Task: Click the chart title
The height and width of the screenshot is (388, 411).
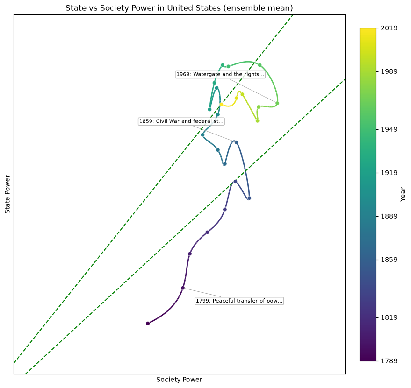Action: pyautogui.click(x=179, y=8)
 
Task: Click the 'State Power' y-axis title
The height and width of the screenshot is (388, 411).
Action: pyautogui.click(x=7, y=195)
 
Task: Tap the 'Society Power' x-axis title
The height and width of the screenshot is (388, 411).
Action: pyautogui.click(x=179, y=380)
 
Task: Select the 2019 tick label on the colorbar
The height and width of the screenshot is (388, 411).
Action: pyautogui.click(x=389, y=28)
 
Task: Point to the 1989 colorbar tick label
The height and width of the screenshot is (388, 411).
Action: pyautogui.click(x=389, y=71)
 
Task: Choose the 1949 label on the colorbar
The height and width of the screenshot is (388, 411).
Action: pyautogui.click(x=389, y=129)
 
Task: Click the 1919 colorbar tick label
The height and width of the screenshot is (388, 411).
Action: pyautogui.click(x=389, y=173)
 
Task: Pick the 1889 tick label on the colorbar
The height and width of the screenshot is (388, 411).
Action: pyautogui.click(x=389, y=216)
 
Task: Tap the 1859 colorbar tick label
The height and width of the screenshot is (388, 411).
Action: pyautogui.click(x=389, y=260)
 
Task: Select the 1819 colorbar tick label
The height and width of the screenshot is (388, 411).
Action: pyautogui.click(x=389, y=317)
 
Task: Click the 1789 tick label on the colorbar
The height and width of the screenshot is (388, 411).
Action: pyautogui.click(x=389, y=361)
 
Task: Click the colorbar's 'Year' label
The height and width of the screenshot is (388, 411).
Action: pyautogui.click(x=403, y=194)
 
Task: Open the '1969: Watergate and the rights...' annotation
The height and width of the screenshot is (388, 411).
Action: pyautogui.click(x=220, y=74)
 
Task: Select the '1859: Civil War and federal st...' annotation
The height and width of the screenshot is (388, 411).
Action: pyautogui.click(x=181, y=121)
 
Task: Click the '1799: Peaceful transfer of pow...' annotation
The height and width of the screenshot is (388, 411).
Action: pyautogui.click(x=239, y=301)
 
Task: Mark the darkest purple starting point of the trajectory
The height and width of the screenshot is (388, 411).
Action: pyautogui.click(x=148, y=323)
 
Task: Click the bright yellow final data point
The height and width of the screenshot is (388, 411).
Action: pyautogui.click(x=221, y=104)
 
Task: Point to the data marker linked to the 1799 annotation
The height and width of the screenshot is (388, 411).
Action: pyautogui.click(x=183, y=288)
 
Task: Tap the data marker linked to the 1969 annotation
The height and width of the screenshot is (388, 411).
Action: pyautogui.click(x=277, y=103)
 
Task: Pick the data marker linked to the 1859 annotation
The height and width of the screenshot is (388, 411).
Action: pyautogui.click(x=237, y=142)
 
